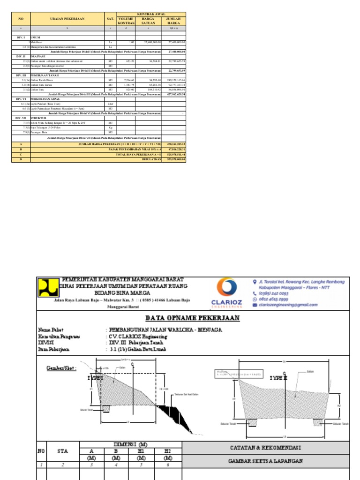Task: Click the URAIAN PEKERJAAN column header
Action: pos(67,19)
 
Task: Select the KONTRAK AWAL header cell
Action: pos(151,14)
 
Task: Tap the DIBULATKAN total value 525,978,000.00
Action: pos(176,159)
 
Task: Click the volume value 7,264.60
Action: pos(129,80)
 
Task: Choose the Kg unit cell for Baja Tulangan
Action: pos(111,127)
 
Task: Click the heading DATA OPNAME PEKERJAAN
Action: pos(192,318)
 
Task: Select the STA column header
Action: pos(62,451)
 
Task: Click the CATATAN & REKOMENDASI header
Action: pos(266,448)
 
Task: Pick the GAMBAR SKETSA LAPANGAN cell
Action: pos(266,461)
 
